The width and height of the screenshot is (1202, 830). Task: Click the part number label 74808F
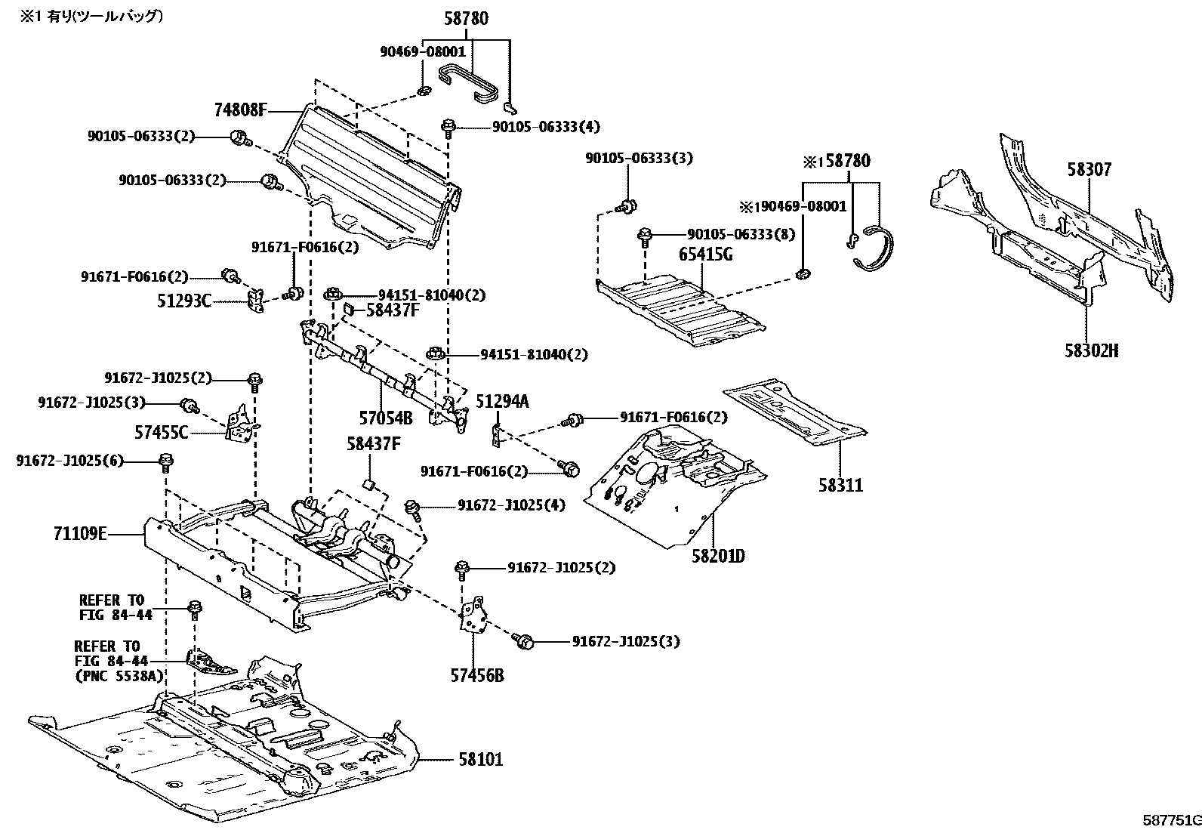point(239,110)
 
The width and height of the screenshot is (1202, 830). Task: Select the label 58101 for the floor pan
point(479,759)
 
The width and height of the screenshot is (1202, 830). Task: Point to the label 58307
point(1089,170)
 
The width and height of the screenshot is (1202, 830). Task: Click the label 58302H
point(1091,350)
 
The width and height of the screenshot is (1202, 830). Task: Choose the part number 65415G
point(706,255)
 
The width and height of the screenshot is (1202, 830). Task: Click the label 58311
point(840,485)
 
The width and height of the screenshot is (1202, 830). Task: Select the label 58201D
point(718,556)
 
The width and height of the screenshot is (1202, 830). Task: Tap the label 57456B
point(477,674)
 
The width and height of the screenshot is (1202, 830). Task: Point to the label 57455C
point(161,433)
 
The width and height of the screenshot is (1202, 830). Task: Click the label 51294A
point(501,402)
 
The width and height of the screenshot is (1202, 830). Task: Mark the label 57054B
point(385,417)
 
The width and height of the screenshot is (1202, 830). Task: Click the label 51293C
point(183,301)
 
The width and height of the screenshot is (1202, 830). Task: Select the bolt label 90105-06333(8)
point(741,235)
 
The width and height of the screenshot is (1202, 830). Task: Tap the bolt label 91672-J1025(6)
point(69,461)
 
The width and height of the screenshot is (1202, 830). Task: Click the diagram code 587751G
point(1170,820)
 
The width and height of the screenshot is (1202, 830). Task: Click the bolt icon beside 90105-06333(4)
point(448,125)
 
